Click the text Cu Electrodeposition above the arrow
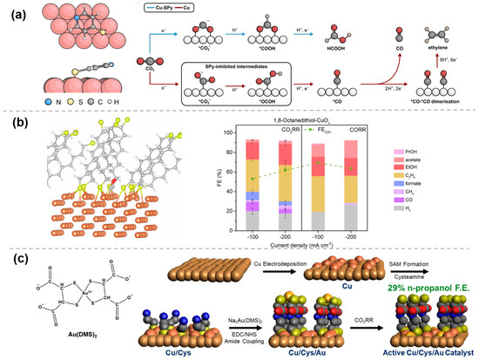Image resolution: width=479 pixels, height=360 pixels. coord(253,262)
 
